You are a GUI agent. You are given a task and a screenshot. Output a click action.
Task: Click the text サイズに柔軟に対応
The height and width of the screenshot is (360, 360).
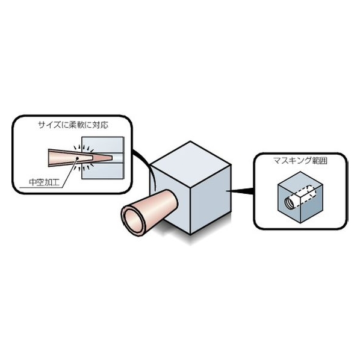[x=73, y=125]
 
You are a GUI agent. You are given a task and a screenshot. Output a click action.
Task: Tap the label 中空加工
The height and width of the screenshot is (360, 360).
[x=45, y=182]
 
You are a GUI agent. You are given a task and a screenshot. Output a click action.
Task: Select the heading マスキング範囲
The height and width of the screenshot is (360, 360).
[x=300, y=161]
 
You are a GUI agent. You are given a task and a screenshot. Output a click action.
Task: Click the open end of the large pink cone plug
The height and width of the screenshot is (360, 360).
[x=133, y=219]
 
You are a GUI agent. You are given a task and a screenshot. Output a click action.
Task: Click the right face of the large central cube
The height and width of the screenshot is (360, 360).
[x=211, y=199]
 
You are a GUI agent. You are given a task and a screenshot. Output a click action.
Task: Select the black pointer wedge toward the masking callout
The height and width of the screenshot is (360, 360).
[x=240, y=190]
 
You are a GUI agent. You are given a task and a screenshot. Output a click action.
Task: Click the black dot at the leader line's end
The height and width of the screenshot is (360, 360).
[x=78, y=158]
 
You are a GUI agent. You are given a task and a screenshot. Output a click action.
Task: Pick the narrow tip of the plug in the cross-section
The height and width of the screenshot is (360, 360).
[x=112, y=158]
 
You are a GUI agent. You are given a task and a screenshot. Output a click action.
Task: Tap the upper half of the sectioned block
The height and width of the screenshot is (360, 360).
[x=104, y=145]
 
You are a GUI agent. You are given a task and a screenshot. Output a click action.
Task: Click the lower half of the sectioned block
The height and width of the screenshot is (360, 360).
[x=104, y=170]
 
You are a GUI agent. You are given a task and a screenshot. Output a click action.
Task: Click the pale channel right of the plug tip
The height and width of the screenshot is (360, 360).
[x=118, y=158]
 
